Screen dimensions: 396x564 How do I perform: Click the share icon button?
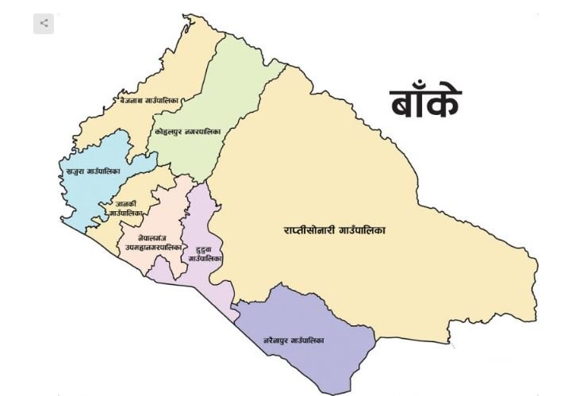click(x=44, y=24)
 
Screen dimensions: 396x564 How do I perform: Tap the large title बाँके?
click(x=425, y=103)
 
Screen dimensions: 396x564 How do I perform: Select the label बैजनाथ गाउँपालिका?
click(x=149, y=101)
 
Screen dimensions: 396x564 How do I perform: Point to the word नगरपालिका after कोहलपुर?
click(x=201, y=130)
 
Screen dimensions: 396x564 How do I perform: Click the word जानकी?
click(x=126, y=204)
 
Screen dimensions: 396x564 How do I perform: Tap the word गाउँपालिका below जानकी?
click(x=126, y=213)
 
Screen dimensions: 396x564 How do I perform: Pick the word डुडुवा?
click(x=204, y=249)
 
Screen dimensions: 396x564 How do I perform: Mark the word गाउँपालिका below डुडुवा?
click(x=205, y=259)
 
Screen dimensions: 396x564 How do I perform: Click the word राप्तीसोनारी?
click(x=310, y=230)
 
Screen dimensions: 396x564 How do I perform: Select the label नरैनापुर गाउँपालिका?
click(x=294, y=340)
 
